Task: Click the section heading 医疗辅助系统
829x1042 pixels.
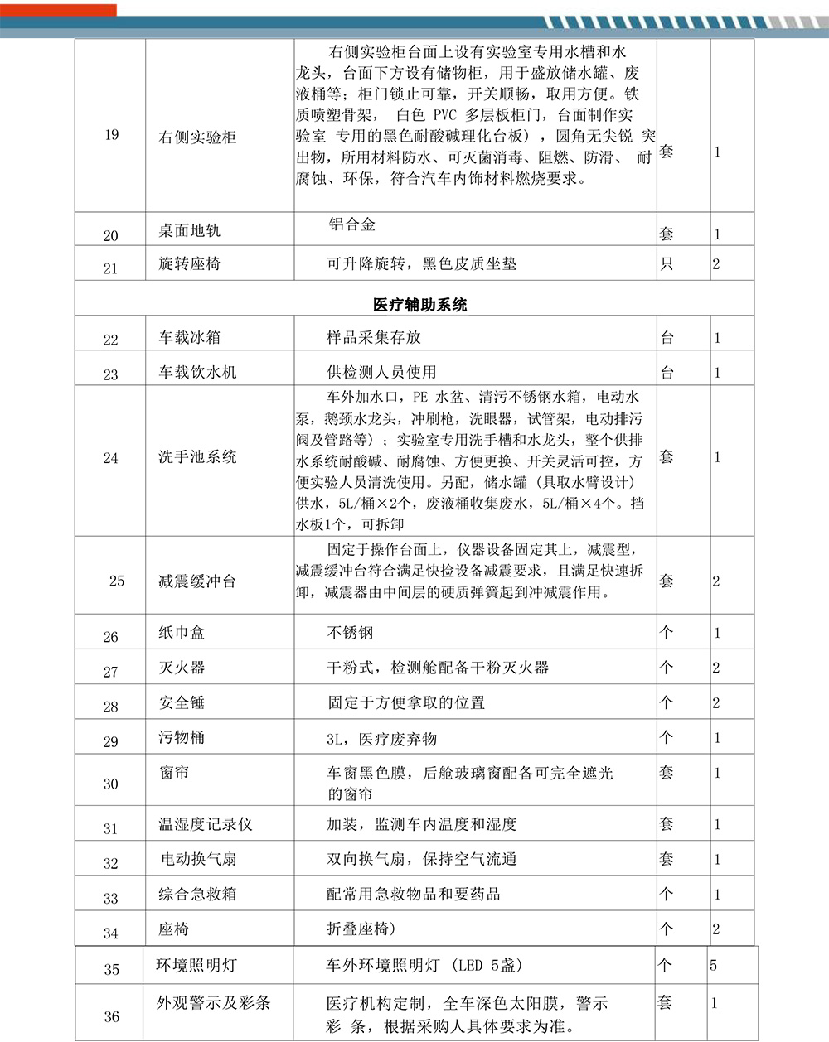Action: (419, 305)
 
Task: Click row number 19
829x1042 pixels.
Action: (112, 135)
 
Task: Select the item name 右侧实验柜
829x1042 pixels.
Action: (197, 137)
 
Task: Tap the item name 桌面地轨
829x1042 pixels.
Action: (190, 231)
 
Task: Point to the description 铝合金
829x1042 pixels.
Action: (352, 224)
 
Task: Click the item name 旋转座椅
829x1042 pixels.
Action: (190, 264)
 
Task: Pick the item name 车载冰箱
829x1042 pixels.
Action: (190, 338)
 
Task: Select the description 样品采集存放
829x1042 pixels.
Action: (374, 337)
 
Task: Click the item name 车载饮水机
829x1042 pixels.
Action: (197, 373)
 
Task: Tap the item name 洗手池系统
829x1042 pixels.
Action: (197, 456)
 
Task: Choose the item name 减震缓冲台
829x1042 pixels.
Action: (197, 581)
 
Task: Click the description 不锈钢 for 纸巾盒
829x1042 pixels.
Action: (351, 633)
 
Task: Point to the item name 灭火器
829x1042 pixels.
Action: (182, 668)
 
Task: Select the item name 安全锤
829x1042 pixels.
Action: (182, 703)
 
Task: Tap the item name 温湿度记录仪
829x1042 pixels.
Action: (206, 825)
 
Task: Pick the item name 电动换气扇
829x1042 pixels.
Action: (199, 860)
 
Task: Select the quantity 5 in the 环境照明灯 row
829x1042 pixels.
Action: (714, 966)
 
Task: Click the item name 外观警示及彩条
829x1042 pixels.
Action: (214, 1003)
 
